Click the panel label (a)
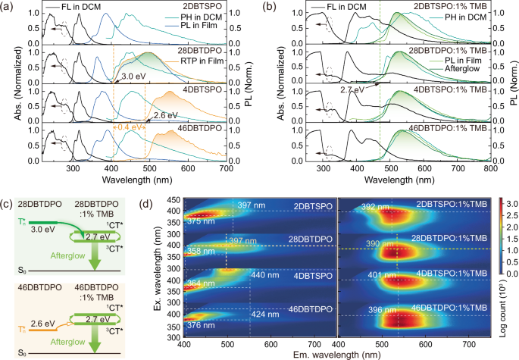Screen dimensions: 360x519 (x=8, y=7)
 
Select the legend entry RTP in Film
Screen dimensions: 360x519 (x=216, y=70)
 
